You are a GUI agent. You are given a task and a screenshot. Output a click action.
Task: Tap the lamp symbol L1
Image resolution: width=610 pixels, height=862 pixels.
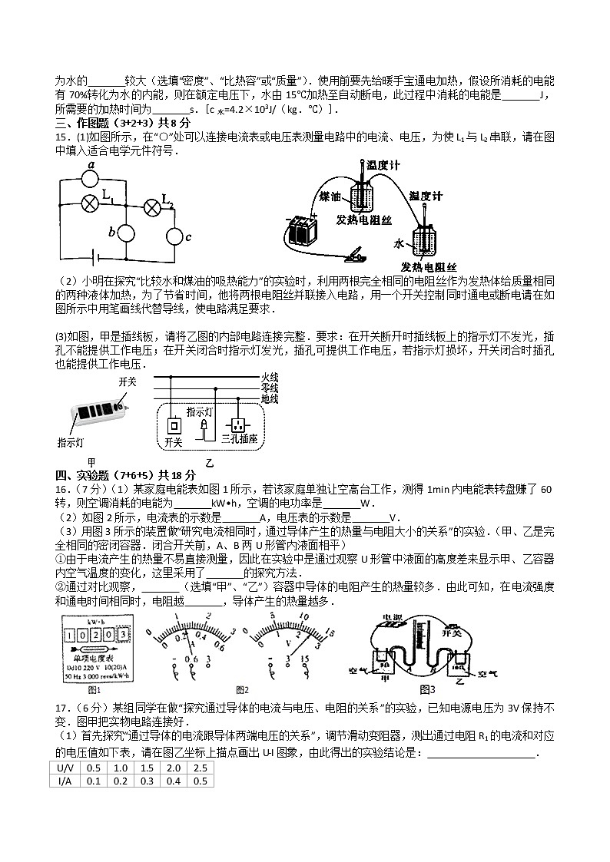pyautogui.click(x=91, y=203)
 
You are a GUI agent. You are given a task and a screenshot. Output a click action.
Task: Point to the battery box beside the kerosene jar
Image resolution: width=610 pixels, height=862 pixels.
pyautogui.click(x=300, y=228)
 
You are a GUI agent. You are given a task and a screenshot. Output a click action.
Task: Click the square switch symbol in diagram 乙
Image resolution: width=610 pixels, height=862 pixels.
pyautogui.click(x=174, y=424)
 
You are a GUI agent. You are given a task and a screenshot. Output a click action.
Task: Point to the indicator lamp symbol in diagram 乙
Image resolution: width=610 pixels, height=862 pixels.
pyautogui.click(x=203, y=425)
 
